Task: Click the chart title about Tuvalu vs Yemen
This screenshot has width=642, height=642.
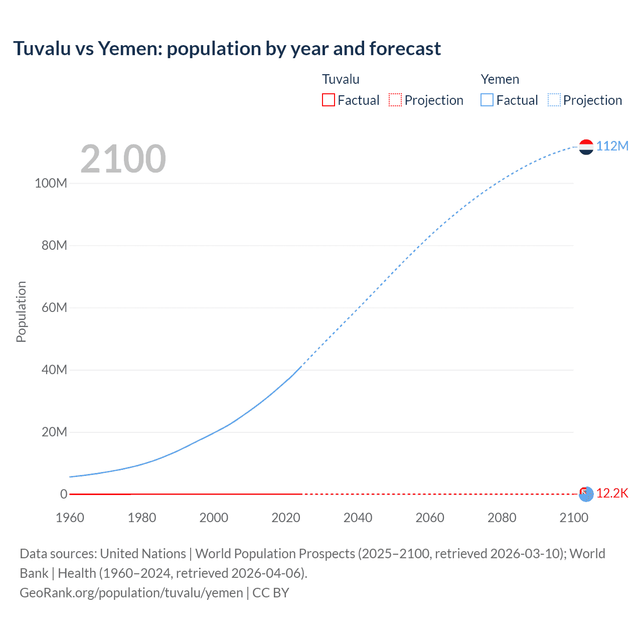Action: (x=227, y=49)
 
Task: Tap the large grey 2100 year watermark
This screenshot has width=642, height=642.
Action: (x=123, y=158)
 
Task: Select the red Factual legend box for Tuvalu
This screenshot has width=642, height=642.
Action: (x=328, y=100)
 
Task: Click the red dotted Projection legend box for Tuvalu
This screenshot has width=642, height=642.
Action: (x=395, y=100)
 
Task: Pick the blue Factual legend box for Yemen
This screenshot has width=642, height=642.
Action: (x=487, y=100)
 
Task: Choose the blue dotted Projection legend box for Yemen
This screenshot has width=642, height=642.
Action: (x=554, y=100)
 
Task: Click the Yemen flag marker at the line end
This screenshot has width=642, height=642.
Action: (x=586, y=146)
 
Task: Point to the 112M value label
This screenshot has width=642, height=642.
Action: (x=612, y=146)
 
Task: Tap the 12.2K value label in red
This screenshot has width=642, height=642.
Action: (x=612, y=493)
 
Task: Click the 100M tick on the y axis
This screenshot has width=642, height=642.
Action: (x=51, y=183)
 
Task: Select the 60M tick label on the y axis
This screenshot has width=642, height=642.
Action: (x=54, y=307)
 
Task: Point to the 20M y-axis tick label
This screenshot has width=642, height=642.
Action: (x=54, y=432)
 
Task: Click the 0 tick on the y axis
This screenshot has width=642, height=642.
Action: (x=64, y=494)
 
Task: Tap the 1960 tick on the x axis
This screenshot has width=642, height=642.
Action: (x=70, y=518)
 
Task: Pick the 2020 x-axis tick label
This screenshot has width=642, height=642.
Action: (x=286, y=518)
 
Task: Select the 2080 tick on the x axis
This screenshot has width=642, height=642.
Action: (x=502, y=518)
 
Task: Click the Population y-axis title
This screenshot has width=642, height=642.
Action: (x=21, y=311)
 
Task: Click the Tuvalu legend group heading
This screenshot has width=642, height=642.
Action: (x=341, y=79)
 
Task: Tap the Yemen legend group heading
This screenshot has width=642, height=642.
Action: (x=500, y=79)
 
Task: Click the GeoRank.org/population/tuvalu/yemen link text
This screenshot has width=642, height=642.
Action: (x=131, y=592)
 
